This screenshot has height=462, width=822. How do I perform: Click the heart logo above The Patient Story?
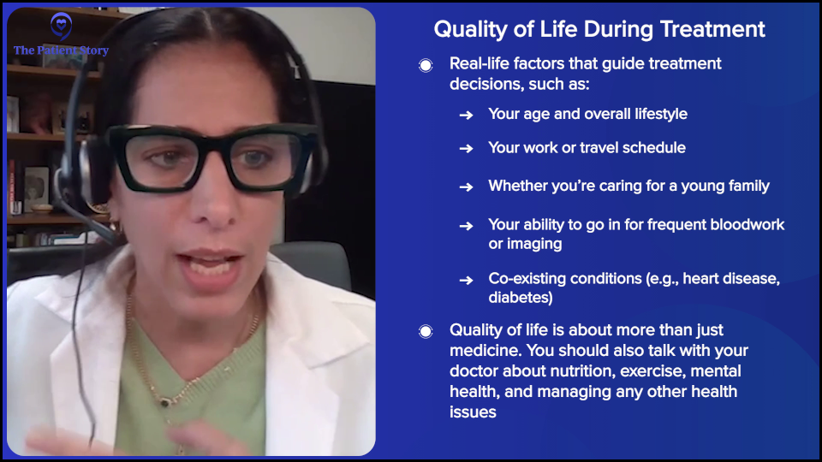point(61,26)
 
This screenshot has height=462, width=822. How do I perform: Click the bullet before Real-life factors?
point(426,66)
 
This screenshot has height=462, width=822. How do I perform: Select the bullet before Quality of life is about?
point(426,332)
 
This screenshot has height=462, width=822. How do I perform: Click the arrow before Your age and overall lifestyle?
point(466,115)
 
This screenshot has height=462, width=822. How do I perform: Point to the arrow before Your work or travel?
point(466,149)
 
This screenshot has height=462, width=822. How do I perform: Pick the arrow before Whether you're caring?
point(466,187)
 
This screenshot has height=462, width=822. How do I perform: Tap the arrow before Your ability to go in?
point(466,226)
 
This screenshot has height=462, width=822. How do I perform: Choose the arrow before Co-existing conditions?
point(466,281)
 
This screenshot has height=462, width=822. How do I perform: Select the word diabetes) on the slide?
point(521,298)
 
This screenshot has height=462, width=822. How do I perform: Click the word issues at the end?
point(473,412)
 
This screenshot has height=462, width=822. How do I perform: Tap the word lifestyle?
point(661,114)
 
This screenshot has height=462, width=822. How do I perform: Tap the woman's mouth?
point(210,264)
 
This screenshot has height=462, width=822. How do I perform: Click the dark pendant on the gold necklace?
point(165,402)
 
